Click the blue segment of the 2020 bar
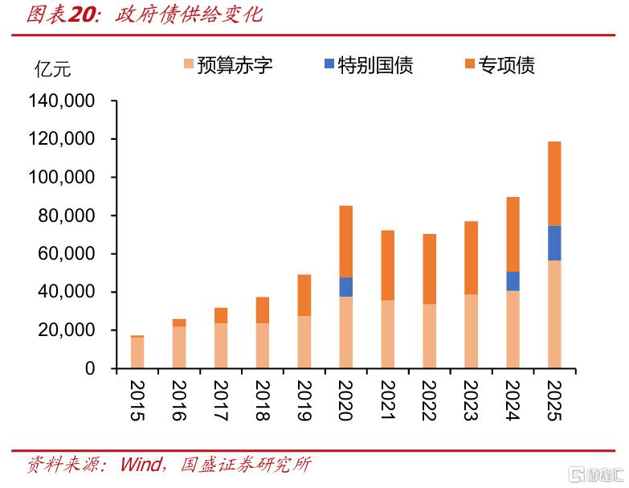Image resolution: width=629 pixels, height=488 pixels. point(345,287)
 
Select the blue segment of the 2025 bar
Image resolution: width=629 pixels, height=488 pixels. point(554,244)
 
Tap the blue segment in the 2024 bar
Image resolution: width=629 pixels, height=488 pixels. point(513,281)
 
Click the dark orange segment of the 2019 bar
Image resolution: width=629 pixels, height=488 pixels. point(304,295)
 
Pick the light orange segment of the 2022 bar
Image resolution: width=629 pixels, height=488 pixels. point(429,336)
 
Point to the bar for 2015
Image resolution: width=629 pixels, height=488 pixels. point(137,352)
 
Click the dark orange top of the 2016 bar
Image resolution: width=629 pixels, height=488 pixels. point(179,322)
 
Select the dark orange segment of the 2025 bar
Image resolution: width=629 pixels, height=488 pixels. point(554,184)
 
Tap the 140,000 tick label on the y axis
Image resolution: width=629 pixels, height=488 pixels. point(61,100)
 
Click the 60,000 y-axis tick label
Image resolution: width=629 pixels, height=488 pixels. point(66,253)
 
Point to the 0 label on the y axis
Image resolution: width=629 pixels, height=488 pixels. point(90,368)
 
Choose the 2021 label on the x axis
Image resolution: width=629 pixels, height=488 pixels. point(387,400)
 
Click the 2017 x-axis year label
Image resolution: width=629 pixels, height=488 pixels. point(221,400)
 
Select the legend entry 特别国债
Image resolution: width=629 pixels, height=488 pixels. point(368,64)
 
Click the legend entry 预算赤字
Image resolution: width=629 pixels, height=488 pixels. point(228,64)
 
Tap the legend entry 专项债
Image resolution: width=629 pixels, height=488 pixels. point(500,64)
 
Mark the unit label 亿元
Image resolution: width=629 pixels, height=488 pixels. point(52,69)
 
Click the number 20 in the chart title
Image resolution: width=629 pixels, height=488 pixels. point(83,14)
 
